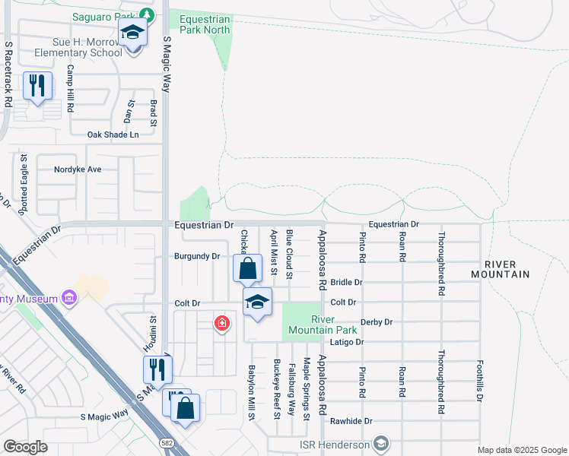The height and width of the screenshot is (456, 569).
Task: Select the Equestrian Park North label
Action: tap(199, 24)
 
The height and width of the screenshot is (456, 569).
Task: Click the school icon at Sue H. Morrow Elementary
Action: tap(132, 33)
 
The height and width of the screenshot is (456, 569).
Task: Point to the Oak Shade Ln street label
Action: tap(113, 135)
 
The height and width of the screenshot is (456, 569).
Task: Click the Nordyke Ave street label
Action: tap(78, 169)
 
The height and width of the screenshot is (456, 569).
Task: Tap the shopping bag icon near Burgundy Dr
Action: tap(247, 268)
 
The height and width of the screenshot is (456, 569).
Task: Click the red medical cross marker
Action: tap(221, 324)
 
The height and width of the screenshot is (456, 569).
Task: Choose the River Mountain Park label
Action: tap(323, 325)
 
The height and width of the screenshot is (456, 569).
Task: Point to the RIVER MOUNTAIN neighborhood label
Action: tap(499, 267)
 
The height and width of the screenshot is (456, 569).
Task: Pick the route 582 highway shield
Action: tap(165, 442)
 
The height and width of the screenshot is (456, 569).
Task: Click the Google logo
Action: tap(25, 447)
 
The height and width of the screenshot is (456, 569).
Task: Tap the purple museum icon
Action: tap(69, 296)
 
